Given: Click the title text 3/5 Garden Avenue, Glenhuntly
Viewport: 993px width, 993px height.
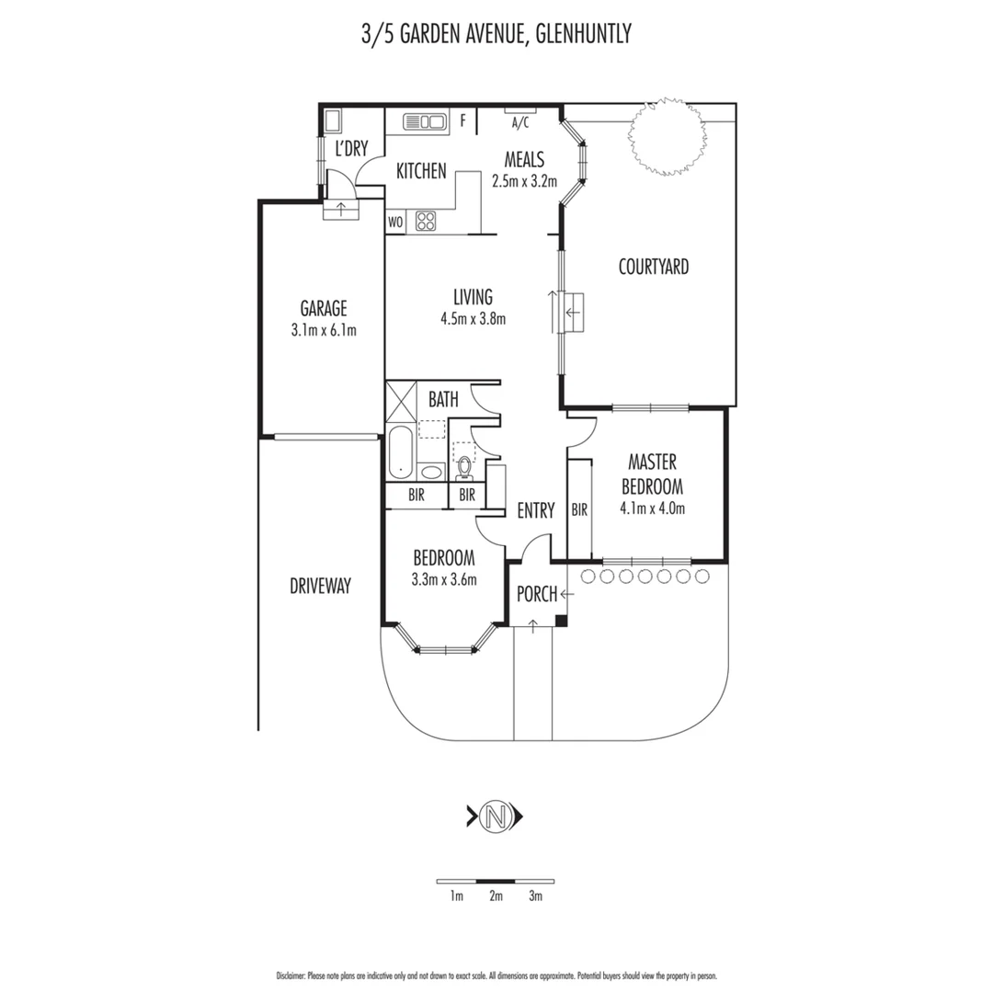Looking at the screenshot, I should [x=496, y=35].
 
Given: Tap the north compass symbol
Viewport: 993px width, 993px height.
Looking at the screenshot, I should [x=496, y=815].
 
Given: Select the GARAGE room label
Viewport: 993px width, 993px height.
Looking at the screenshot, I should [x=323, y=309].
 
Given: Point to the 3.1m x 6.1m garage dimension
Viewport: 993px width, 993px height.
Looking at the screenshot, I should [x=323, y=330].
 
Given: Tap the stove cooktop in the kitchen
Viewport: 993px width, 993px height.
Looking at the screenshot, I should [x=427, y=221].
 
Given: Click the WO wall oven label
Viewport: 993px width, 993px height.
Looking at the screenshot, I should [x=395, y=222].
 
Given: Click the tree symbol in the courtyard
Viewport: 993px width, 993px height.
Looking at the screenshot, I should [x=668, y=136].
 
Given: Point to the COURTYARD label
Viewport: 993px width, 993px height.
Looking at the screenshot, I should [x=653, y=268].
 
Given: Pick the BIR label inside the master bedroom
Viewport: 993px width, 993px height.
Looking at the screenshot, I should [x=579, y=508].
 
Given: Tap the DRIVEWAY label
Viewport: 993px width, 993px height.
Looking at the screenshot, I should [x=320, y=586].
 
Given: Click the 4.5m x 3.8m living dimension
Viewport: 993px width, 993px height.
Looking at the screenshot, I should [x=473, y=319].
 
